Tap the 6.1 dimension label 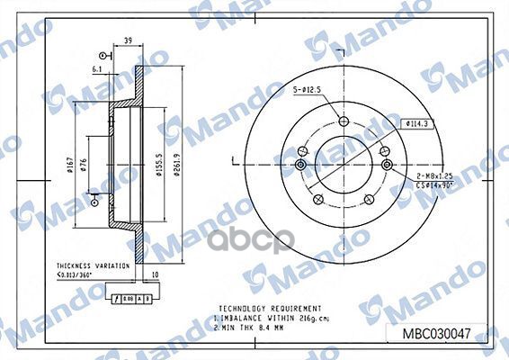98,68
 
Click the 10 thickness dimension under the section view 155,276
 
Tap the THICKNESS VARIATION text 85,266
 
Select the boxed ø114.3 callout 418,123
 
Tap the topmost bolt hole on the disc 343,122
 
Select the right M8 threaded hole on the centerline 388,164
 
